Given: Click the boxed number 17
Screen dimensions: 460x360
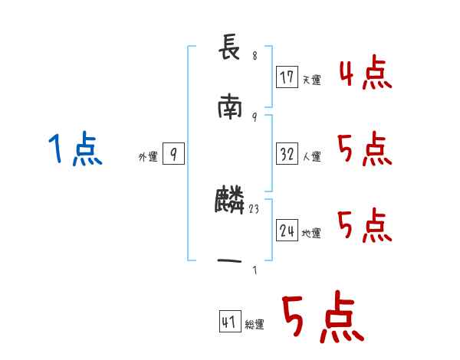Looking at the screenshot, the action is pyautogui.click(x=287, y=77).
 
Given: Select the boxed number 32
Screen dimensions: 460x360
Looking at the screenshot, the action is pyautogui.click(x=287, y=154).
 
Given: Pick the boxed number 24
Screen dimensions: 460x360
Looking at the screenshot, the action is pyautogui.click(x=287, y=231).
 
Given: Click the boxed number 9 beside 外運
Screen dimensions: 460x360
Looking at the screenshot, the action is pyautogui.click(x=173, y=155).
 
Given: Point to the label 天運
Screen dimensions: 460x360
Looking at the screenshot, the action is pyautogui.click(x=311, y=80).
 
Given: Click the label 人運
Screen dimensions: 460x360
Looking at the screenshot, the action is pyautogui.click(x=311, y=156).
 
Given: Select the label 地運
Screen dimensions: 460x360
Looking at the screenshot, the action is pyautogui.click(x=311, y=233).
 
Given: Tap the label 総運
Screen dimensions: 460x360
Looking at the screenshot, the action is pyautogui.click(x=255, y=325).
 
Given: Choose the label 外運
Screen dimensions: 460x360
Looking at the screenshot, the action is pyautogui.click(x=148, y=157).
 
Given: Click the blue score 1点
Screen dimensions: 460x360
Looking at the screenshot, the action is pyautogui.click(x=74, y=149).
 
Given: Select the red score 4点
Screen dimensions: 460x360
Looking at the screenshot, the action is pyautogui.click(x=365, y=74).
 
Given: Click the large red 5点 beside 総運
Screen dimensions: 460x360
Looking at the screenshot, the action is pyautogui.click(x=322, y=319).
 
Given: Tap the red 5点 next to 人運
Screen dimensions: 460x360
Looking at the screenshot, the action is pyautogui.click(x=365, y=149).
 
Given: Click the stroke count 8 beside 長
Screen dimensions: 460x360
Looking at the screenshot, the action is pyautogui.click(x=255, y=56).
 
